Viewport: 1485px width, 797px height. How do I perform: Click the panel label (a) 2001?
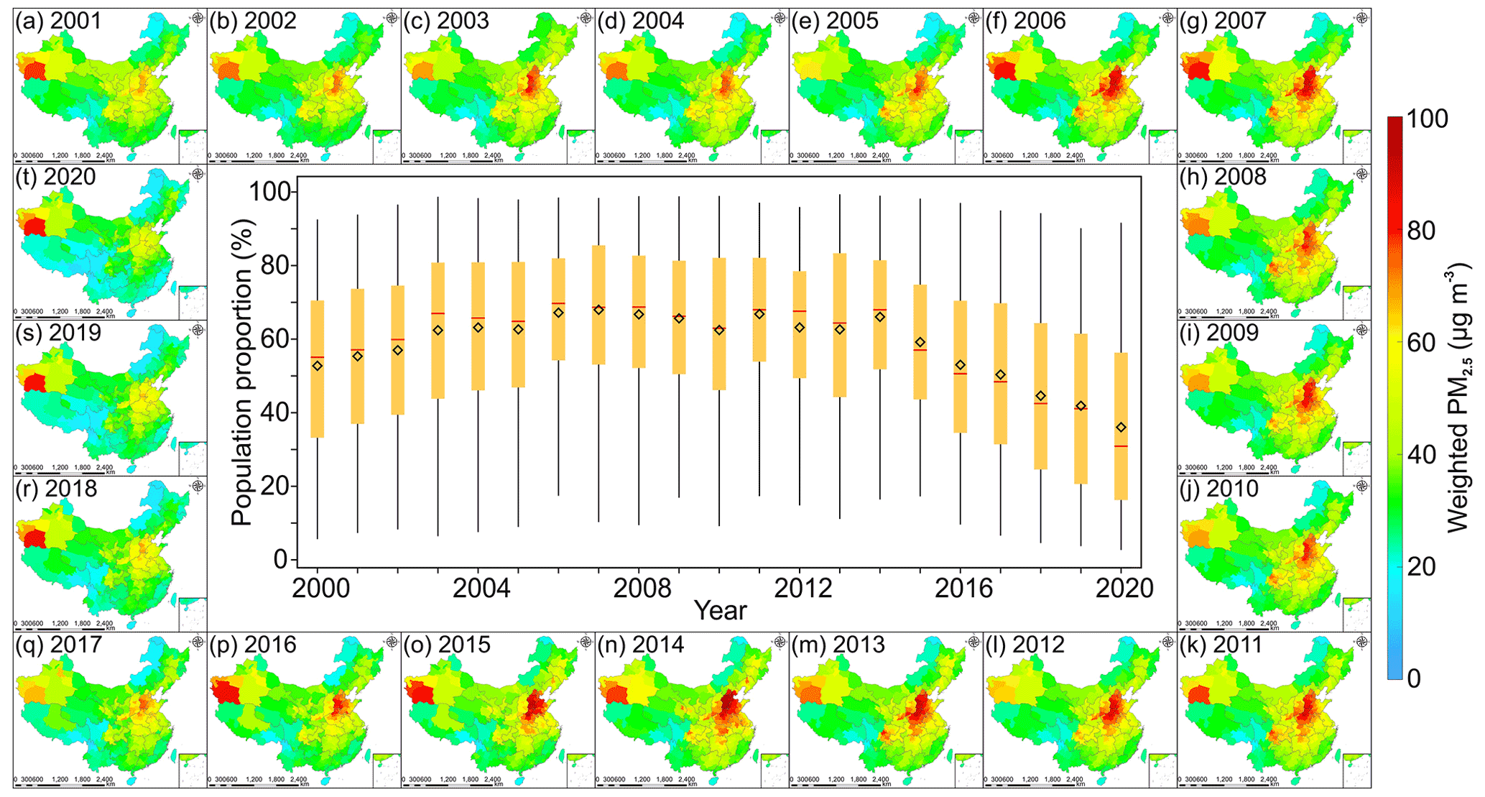[x=58, y=22]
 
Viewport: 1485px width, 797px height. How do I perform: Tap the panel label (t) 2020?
[x=55, y=177]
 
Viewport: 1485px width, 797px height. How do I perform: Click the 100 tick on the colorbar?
[x=1426, y=119]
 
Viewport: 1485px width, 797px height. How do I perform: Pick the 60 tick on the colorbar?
[x=1421, y=343]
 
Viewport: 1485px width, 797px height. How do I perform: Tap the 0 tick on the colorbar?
[x=1413, y=678]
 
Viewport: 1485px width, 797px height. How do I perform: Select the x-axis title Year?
[x=720, y=611]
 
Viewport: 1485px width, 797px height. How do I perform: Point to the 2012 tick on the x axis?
[x=802, y=589]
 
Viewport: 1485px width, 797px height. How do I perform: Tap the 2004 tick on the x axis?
[x=481, y=589]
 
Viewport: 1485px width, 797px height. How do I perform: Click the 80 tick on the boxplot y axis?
[x=272, y=266]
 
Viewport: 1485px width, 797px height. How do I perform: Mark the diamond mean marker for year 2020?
[x=1121, y=428]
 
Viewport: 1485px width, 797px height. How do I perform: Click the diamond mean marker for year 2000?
[x=318, y=366]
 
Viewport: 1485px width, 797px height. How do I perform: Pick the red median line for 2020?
[x=1121, y=446]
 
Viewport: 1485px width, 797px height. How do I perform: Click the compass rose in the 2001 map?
[x=198, y=17]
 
